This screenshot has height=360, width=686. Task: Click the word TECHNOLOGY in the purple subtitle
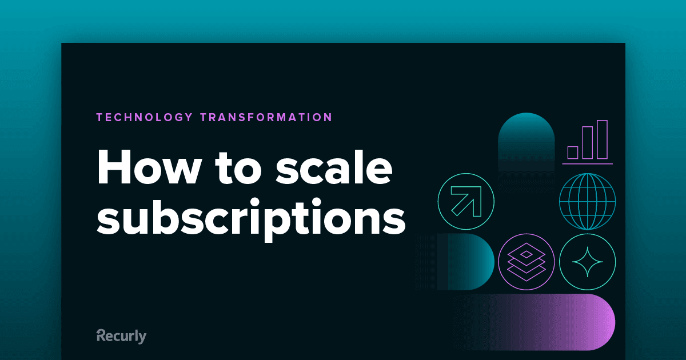tap(144, 117)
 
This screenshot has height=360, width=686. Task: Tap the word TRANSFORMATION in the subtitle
tap(266, 117)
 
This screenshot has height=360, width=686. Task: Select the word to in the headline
tap(238, 169)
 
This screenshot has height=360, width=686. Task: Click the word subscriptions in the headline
tap(251, 218)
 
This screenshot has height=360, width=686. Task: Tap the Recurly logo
tap(121, 336)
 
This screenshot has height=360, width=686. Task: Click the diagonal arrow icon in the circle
tap(466, 201)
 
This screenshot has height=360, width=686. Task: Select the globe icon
tap(588, 201)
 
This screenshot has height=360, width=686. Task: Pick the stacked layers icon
tap(526, 262)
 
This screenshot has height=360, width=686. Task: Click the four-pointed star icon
tap(588, 262)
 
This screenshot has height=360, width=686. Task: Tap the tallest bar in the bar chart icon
tap(602, 139)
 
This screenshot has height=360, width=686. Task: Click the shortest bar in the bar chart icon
tap(573, 153)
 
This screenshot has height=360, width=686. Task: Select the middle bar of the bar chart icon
tap(588, 143)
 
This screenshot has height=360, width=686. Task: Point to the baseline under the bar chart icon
tap(588, 164)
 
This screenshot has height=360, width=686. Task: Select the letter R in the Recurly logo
tap(101, 335)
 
